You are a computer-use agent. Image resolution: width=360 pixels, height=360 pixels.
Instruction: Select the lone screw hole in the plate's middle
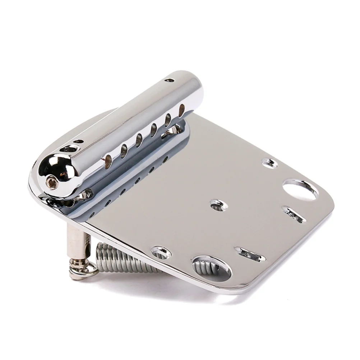[218, 205]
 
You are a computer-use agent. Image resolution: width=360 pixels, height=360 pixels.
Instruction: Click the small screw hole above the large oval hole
[270, 163]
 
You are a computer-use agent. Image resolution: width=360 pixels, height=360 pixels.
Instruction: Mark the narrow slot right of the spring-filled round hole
[250, 254]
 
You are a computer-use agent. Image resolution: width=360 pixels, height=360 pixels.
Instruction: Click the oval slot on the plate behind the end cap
[68, 148]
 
